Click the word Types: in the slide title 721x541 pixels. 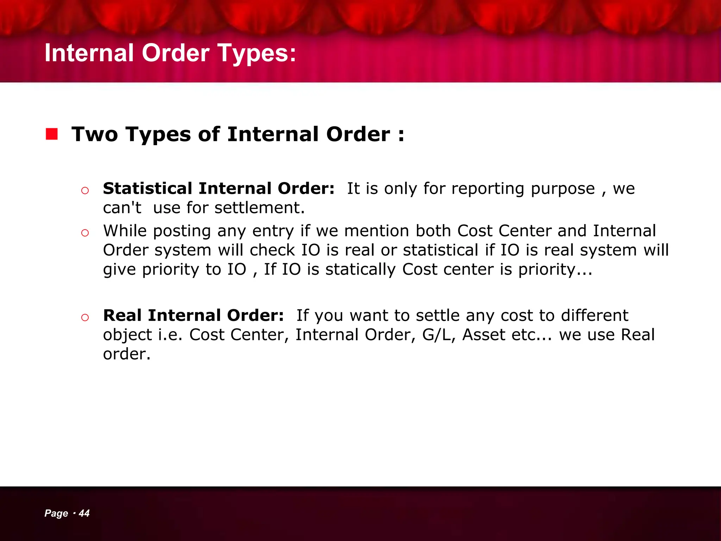pos(257,54)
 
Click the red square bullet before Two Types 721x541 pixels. pos(52,134)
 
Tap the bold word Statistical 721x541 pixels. pos(147,188)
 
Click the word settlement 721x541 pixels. pos(259,208)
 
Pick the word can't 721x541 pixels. pos(122,208)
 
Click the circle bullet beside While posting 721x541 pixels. pos(85,233)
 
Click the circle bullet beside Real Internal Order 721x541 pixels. pos(85,317)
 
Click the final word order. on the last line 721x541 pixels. pos(127,354)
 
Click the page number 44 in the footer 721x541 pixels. pos(84,513)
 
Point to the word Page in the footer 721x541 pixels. pos(56,514)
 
